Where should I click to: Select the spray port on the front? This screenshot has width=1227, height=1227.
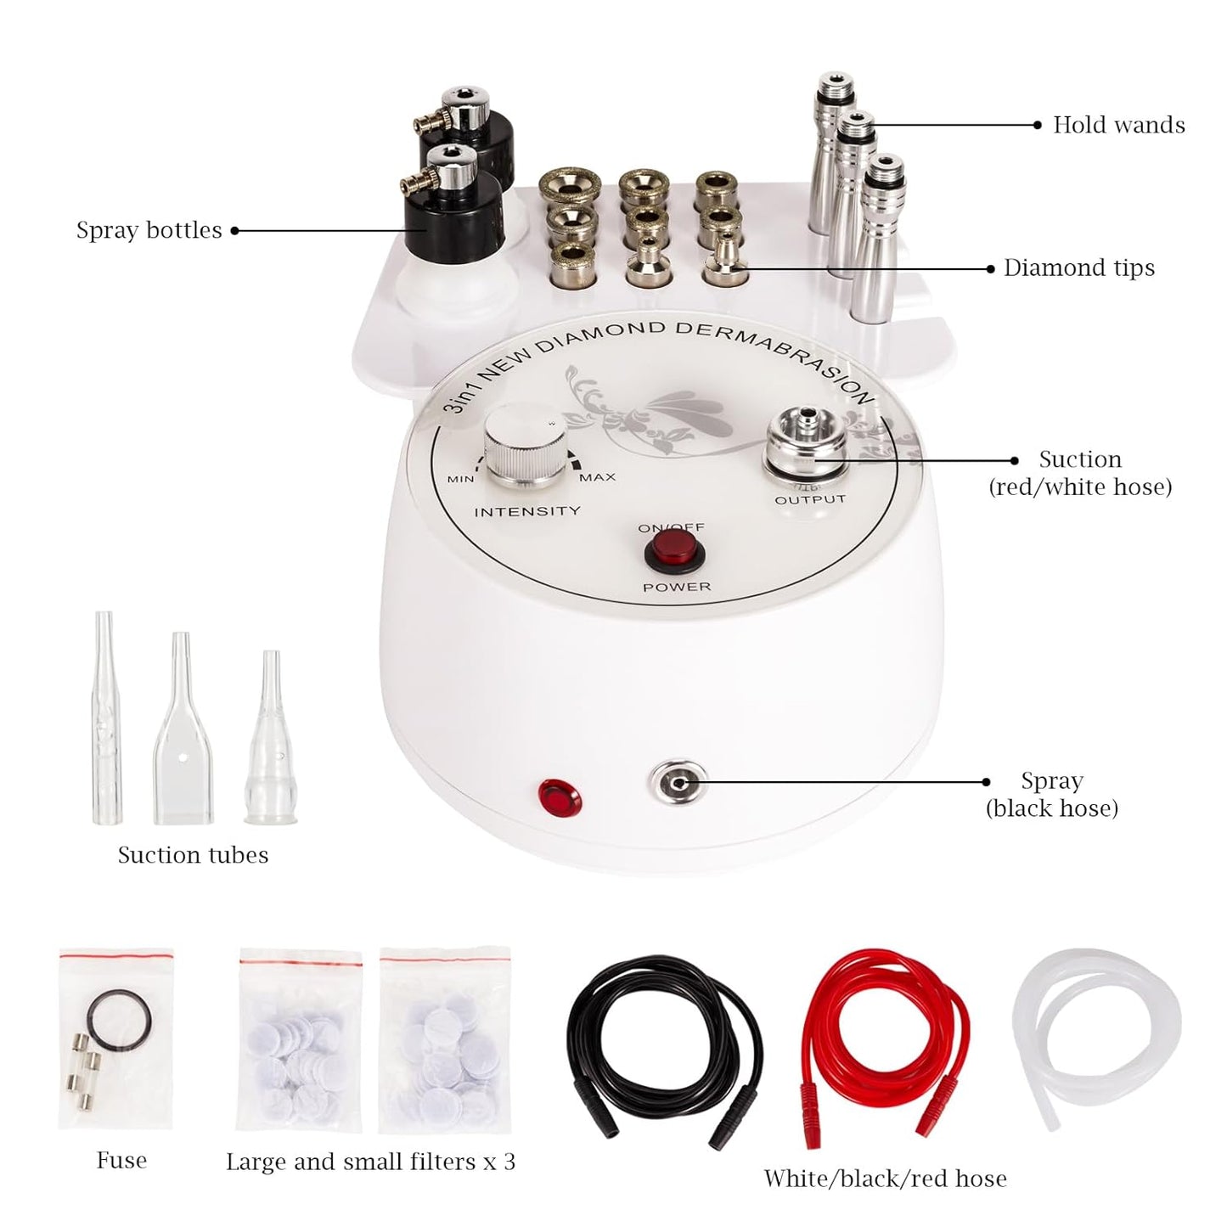click(676, 782)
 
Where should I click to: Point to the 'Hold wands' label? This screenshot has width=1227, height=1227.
click(1118, 125)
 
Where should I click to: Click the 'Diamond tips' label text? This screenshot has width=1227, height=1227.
click(1078, 268)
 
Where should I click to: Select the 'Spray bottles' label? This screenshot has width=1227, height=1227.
click(149, 230)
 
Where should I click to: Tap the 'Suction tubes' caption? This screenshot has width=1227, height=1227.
click(193, 855)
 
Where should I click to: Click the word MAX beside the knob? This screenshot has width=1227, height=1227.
click(597, 477)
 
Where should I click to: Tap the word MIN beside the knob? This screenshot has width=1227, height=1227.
click(460, 479)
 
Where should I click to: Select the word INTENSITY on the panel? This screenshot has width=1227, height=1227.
click(526, 511)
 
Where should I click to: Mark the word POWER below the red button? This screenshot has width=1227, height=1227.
click(677, 587)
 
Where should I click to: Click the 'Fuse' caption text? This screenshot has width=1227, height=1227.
click(121, 1161)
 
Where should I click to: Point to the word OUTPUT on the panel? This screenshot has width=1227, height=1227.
click(809, 499)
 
